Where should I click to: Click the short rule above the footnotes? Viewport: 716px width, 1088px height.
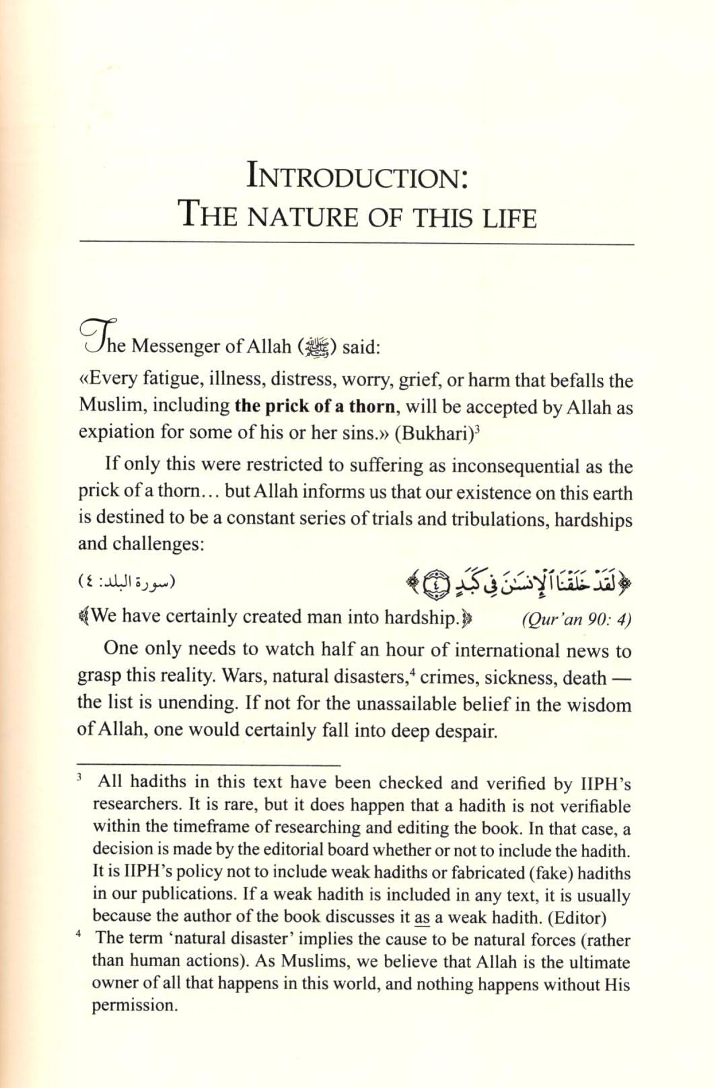click(209, 765)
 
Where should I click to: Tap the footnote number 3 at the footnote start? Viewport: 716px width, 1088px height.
click(79, 778)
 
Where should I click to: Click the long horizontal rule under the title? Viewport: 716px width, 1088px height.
click(357, 243)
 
